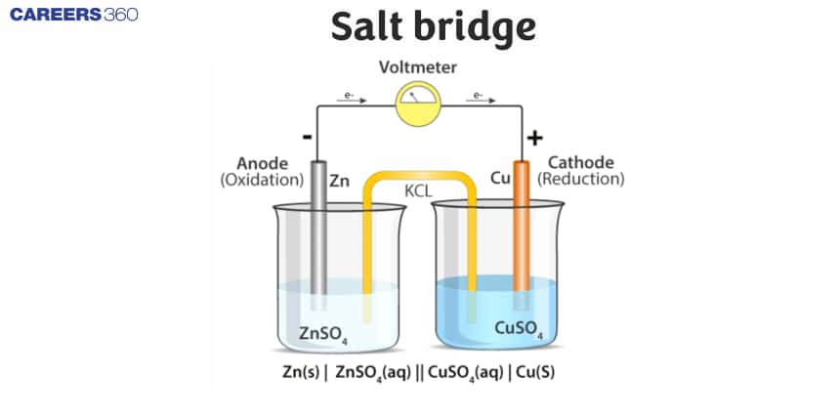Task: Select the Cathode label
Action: click(580, 162)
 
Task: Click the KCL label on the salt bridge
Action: click(421, 190)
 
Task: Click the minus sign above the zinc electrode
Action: click(308, 138)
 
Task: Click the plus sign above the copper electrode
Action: click(534, 138)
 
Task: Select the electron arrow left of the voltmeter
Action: click(349, 97)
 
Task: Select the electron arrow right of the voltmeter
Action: click(479, 97)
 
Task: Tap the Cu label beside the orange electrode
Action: click(499, 181)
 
